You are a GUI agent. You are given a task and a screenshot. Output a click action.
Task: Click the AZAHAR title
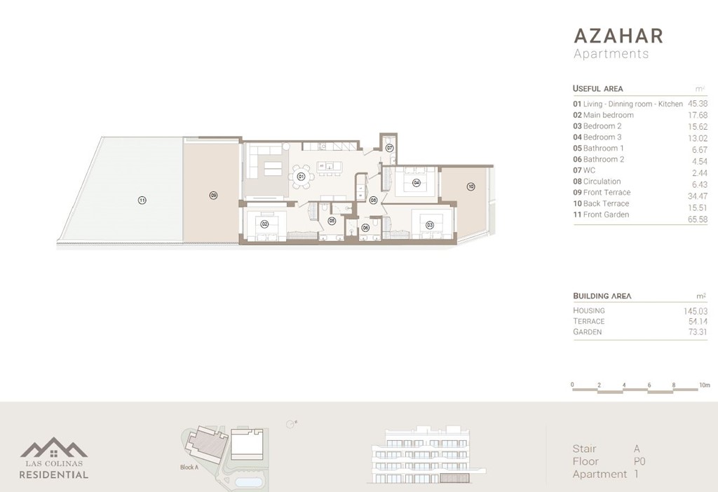(x=618, y=36)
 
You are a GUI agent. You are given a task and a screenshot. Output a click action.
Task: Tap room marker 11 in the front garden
(x=142, y=200)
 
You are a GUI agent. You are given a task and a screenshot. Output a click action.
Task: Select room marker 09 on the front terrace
(x=213, y=196)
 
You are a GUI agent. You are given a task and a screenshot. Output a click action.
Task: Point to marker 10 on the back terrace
(x=470, y=186)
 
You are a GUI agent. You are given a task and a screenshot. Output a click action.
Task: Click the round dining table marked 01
(x=301, y=177)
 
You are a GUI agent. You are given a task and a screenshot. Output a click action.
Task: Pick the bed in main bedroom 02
(x=264, y=225)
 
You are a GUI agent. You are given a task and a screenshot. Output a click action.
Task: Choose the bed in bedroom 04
(x=416, y=182)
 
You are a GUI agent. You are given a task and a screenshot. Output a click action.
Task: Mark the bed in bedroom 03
(x=428, y=225)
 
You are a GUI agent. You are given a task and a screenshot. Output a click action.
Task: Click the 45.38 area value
(x=698, y=104)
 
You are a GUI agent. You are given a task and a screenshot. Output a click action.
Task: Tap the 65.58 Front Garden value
(x=698, y=219)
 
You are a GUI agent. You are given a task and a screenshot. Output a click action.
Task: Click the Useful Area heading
(x=597, y=89)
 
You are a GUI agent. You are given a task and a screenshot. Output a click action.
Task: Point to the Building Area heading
(x=602, y=296)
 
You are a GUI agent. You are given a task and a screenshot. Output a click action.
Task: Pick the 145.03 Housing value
(x=695, y=310)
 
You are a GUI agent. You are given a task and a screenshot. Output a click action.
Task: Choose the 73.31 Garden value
(x=698, y=332)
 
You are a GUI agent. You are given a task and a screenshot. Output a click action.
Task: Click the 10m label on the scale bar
(x=704, y=385)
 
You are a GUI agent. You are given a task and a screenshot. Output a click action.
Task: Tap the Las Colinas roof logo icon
(x=54, y=448)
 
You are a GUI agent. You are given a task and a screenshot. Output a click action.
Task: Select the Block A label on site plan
(x=189, y=467)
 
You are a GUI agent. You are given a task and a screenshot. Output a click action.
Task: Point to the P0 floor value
(x=639, y=462)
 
